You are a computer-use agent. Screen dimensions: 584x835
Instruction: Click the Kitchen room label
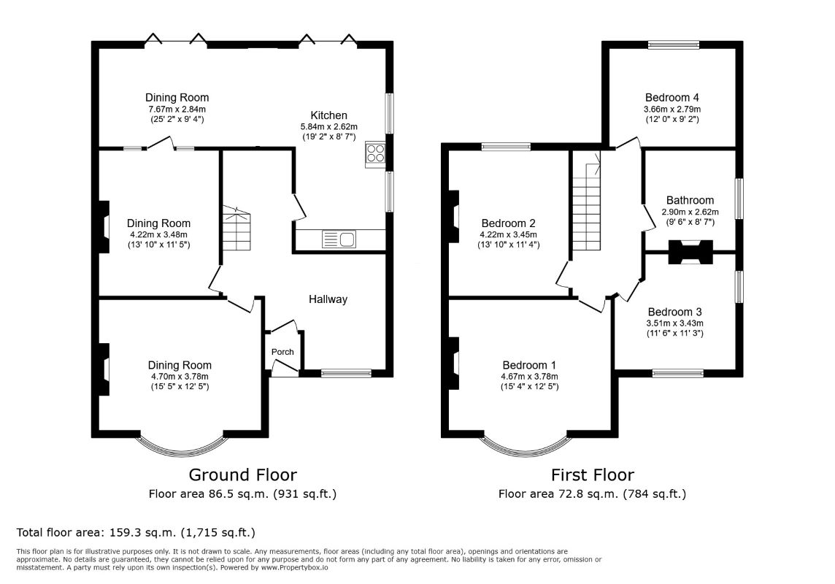coord(328,115)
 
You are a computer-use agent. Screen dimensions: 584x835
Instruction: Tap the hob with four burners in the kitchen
coord(375,154)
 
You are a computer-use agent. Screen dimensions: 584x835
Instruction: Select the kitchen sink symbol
coord(339,239)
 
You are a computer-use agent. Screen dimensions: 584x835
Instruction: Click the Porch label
coord(282,352)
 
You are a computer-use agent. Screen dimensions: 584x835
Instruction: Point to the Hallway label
coord(328,299)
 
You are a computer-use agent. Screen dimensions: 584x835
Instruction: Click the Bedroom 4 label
coord(666,97)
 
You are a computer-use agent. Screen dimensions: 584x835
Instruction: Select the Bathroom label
coord(690,200)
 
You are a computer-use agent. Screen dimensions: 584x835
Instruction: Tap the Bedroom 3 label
coord(674,311)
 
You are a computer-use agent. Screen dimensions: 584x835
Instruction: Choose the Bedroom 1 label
coord(529,365)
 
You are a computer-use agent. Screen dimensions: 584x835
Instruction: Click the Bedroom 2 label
coord(509,223)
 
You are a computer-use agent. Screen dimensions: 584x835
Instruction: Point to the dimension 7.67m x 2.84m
coord(177,109)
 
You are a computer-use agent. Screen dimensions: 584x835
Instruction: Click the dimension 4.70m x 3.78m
coord(180,377)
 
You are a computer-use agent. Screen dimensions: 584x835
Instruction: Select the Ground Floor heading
coord(242,474)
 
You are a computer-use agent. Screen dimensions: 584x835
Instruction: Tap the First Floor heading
coord(592,474)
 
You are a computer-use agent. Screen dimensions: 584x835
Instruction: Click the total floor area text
coord(136,532)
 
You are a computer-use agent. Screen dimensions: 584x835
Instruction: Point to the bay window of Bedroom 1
coord(525,445)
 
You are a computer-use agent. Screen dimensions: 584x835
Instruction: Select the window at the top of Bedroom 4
coord(673,45)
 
